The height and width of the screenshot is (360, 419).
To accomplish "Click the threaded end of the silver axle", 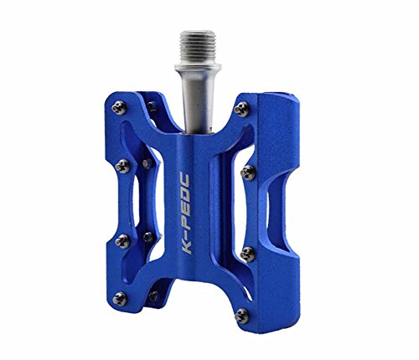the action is click(197, 48).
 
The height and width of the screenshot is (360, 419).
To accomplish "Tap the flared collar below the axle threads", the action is click(198, 67).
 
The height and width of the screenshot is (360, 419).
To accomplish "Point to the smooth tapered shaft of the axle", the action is click(198, 102).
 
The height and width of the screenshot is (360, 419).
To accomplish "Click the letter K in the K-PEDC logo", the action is click(188, 248).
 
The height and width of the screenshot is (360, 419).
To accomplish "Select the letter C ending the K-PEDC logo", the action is click(184, 182).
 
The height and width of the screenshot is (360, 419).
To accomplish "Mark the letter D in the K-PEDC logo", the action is click(185, 196).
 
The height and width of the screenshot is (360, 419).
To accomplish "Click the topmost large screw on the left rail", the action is click(119, 108).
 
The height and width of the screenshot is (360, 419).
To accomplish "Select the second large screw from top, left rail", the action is click(122, 166).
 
